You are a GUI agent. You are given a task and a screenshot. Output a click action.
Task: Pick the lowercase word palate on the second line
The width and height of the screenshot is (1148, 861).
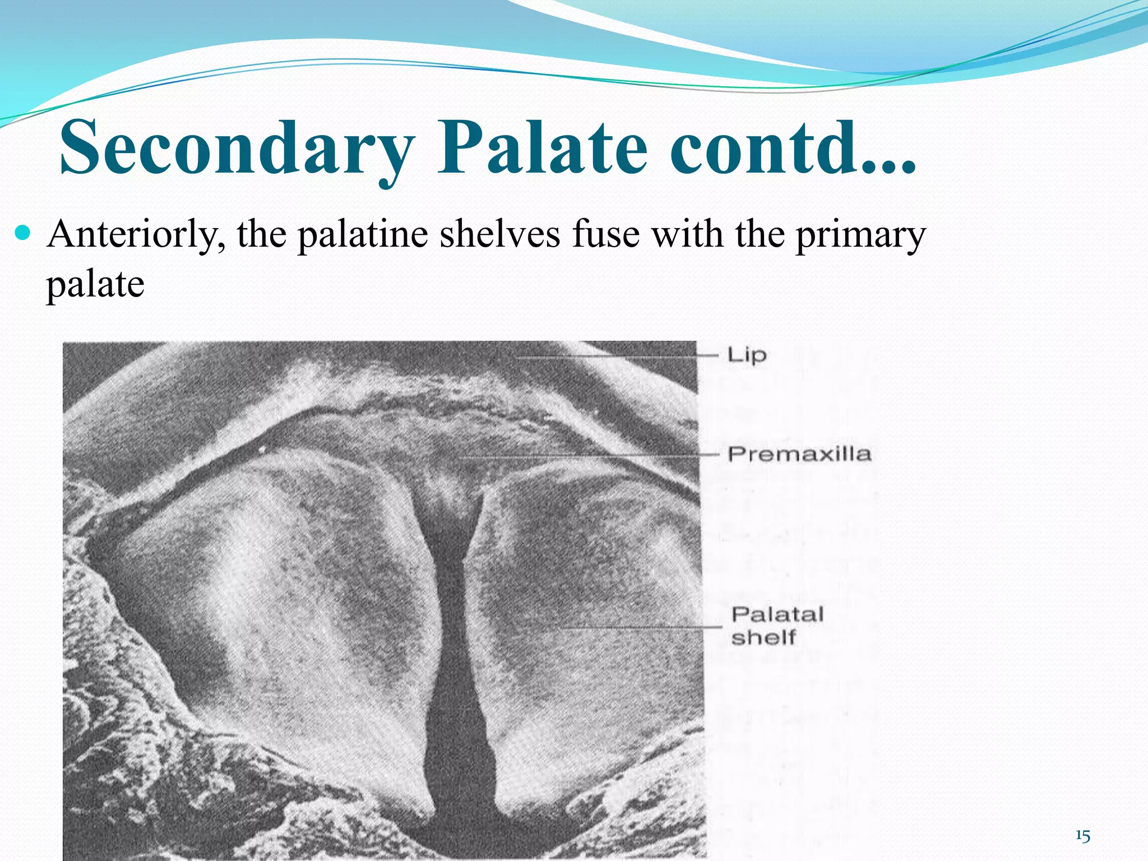[x=95, y=285]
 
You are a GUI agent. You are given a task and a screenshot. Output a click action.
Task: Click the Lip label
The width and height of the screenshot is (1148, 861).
[x=746, y=355]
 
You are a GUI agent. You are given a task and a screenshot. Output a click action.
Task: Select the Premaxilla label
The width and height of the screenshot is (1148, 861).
[x=799, y=454]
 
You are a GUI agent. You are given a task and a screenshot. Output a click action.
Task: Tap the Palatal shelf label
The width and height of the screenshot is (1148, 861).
[x=777, y=626]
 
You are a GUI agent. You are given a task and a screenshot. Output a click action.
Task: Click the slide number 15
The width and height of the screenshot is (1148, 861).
[x=1082, y=836]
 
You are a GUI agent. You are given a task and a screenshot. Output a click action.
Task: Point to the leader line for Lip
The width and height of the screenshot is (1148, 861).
[x=617, y=357]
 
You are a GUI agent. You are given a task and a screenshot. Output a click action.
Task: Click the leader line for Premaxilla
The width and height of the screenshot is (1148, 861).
[x=589, y=456]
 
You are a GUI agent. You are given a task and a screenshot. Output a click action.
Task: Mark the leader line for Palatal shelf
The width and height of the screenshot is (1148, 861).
[x=639, y=628]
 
